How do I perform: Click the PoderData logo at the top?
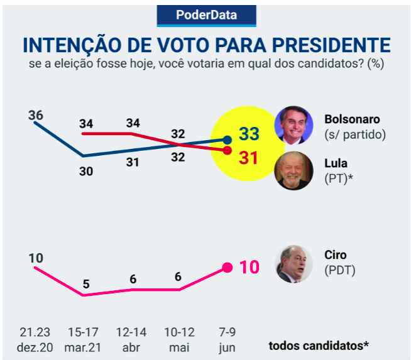206,15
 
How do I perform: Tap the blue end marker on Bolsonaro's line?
227,139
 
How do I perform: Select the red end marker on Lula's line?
227,151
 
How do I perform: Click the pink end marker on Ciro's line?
227,267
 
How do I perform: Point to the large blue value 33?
249,134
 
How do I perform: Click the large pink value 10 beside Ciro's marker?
249,267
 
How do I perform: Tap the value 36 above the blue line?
35,116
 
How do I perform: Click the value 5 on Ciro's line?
86,284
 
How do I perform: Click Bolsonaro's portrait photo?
294,125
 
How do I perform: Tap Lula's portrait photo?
294,170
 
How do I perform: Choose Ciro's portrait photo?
294,263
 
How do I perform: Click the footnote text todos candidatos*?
319,345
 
